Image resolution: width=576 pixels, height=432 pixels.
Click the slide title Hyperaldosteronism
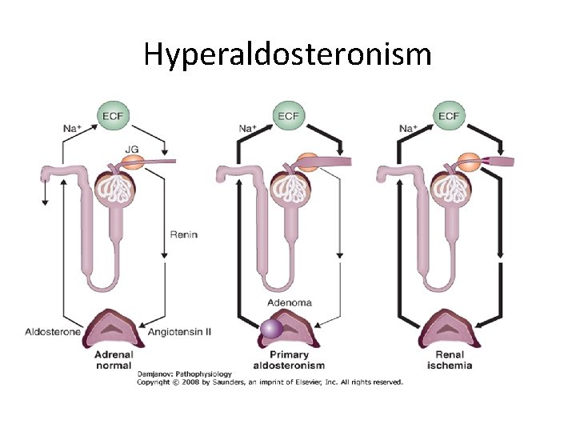tap(288, 54)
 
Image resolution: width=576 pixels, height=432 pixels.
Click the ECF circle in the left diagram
tap(114, 116)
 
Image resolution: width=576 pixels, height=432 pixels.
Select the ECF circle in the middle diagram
tap(289, 116)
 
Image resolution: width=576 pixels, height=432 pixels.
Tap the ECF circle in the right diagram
tap(449, 116)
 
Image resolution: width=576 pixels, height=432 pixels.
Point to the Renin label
tap(183, 235)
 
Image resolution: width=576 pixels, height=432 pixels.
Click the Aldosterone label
tap(53, 331)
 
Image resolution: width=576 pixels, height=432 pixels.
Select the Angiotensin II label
tap(181, 331)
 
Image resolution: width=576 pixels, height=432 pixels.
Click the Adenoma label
tap(290, 303)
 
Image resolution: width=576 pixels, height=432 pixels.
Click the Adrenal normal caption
tap(114, 359)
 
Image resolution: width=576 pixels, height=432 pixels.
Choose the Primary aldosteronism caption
tap(289, 359)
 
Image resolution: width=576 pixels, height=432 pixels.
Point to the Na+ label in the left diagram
tap(73, 128)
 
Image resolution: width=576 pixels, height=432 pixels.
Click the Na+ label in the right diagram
tap(408, 128)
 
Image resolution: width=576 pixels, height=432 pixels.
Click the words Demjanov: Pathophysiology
tap(184, 374)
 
